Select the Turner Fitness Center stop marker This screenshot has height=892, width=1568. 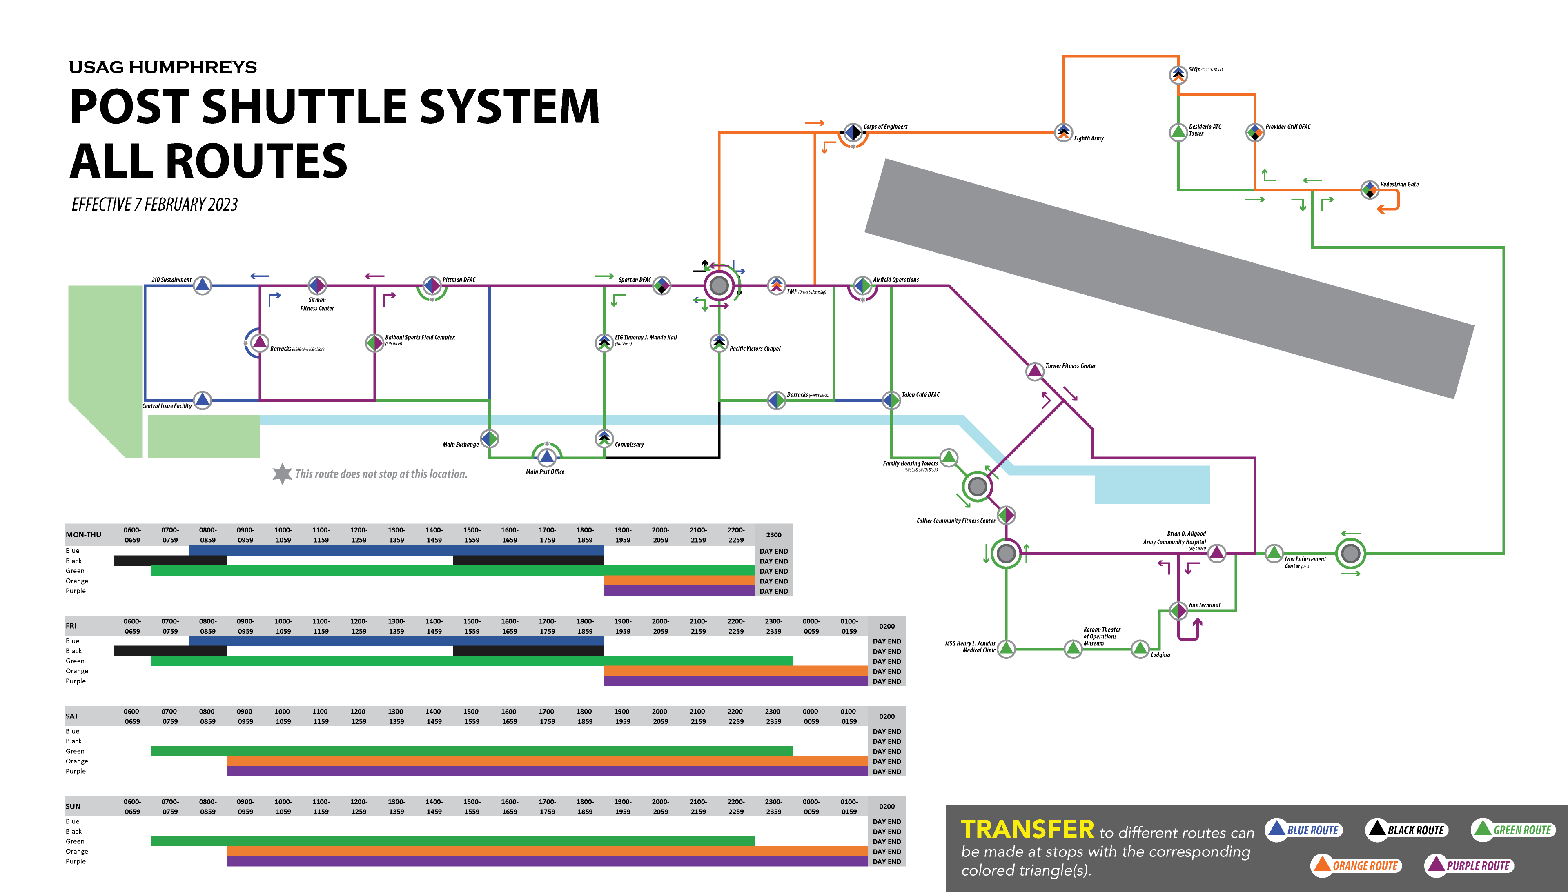coord(1035,371)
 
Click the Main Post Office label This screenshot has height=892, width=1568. coord(545,472)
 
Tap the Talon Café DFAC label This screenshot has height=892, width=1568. coord(920,394)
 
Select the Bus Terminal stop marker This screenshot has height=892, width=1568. coord(1178,610)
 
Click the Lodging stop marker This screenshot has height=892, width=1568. coord(1140,648)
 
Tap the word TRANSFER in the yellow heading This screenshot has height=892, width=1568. coord(1027,830)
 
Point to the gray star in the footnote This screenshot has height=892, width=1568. coord(282,474)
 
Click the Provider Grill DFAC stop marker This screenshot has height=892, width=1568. coord(1254,132)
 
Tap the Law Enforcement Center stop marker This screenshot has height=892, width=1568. coord(1274,553)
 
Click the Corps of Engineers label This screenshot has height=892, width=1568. coord(885,127)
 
